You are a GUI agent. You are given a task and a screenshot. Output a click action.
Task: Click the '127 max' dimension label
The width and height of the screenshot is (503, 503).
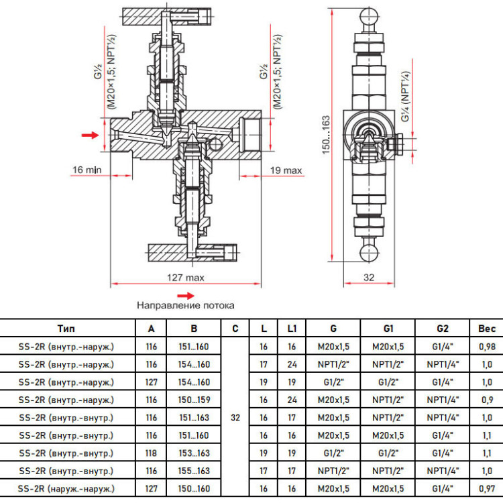click(x=185, y=278)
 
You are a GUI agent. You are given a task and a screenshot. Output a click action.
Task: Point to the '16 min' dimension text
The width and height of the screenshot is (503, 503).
click(x=87, y=170)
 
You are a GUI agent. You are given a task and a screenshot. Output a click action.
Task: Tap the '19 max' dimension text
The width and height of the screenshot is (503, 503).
click(x=286, y=170)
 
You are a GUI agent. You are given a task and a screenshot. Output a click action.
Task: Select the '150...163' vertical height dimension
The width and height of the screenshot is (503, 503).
click(x=326, y=135)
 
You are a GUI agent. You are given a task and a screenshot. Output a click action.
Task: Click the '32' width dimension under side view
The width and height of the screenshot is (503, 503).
click(x=369, y=278)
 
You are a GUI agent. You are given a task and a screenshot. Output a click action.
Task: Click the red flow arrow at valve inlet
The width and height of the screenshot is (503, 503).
click(x=90, y=135)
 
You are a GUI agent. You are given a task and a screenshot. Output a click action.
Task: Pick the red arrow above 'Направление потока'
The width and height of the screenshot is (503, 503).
click(x=186, y=296)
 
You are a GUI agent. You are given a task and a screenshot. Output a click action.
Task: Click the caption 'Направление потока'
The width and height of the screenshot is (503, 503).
click(x=185, y=305)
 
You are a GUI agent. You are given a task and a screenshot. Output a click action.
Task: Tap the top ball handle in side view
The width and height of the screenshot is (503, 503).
click(x=370, y=17)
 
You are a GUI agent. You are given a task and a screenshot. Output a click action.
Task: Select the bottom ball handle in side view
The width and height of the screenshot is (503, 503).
click(x=370, y=253)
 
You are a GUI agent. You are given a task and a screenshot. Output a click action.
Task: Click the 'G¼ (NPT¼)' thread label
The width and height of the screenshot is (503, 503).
click(x=406, y=96)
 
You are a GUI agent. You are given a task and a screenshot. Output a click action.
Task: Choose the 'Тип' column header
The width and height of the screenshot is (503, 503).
click(x=66, y=329)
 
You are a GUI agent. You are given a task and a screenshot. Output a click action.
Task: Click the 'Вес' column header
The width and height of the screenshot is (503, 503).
click(x=487, y=329)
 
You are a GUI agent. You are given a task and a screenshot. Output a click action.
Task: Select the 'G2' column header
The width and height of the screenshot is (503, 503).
click(x=443, y=329)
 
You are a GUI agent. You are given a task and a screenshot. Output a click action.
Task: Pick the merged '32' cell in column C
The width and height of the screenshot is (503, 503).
click(x=235, y=418)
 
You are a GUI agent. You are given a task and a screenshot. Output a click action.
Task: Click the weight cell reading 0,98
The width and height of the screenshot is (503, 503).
click(x=487, y=347)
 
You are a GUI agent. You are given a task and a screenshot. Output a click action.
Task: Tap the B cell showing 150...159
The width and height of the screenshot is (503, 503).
click(x=194, y=400)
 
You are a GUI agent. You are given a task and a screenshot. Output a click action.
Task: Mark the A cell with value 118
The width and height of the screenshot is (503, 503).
click(x=151, y=453)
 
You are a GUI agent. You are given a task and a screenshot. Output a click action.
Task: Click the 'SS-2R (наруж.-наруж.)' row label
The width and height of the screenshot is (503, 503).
click(x=66, y=489)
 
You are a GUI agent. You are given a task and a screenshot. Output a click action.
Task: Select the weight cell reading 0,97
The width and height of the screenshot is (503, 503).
click(x=487, y=489)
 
